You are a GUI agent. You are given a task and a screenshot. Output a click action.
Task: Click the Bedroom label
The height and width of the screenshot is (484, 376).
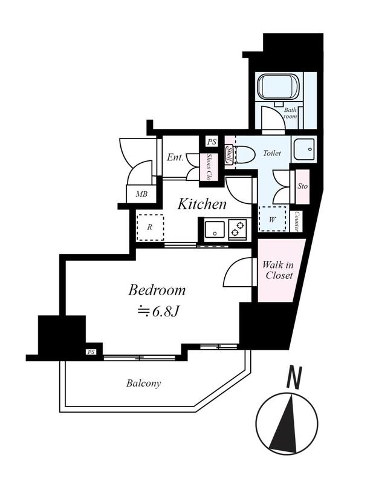coord(157,290)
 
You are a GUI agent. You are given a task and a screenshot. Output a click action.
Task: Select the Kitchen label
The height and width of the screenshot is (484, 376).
coord(202,204)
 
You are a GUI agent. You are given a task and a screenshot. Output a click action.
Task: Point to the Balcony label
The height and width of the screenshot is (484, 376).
coord(143,384)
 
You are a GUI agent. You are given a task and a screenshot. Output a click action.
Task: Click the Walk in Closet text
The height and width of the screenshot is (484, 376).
coord(278,270)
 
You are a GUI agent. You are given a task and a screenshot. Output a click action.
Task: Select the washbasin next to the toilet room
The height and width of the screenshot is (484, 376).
coord(304,149)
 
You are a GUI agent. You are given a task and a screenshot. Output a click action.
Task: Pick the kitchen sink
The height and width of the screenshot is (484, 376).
coord(215,229)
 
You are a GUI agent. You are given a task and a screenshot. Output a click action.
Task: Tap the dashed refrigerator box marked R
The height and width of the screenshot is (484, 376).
coord(150,227)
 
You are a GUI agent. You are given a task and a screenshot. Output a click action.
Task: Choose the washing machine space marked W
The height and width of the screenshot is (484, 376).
coord(273,219)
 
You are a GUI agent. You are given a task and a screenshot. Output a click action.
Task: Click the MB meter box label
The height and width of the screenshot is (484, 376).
coord(141,194)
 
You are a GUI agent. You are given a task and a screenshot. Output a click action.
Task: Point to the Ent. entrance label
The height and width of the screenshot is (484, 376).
coord(175,158)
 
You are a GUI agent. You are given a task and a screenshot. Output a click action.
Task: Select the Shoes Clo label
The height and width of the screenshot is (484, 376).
coord(209,168)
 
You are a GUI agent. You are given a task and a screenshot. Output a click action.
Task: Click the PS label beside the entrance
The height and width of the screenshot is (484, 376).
coord(212,142)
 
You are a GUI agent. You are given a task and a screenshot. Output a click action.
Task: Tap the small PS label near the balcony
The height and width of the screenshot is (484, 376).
coord(91,352)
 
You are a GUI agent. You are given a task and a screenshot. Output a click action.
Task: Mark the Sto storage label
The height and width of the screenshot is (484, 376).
coord(303,186)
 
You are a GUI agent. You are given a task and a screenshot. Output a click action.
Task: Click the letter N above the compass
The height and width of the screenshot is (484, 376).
coord(294,378)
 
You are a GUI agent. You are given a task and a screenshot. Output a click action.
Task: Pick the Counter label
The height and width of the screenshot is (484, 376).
coord(297,221)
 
